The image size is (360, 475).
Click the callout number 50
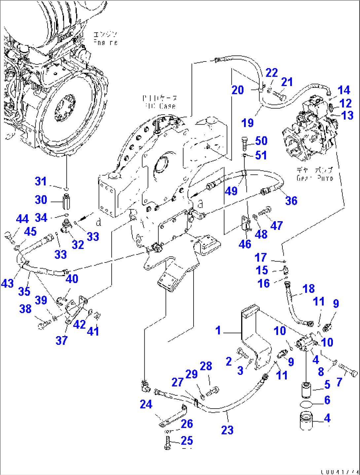coord(261,141)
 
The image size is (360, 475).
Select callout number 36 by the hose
coord(291,201)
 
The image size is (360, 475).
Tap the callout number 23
coord(227,430)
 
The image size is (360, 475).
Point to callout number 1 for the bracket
coord(218,330)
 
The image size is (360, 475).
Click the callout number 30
coord(41,200)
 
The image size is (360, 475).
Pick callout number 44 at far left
coord(22,219)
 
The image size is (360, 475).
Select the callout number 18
coord(308,289)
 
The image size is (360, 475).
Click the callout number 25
coord(187,441)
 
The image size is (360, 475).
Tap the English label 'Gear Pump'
coord(314,178)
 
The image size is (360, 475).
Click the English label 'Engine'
coord(105,43)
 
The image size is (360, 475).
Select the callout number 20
coord(237,90)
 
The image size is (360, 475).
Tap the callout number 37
coord(61,340)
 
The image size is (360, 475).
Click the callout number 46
coord(245,244)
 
